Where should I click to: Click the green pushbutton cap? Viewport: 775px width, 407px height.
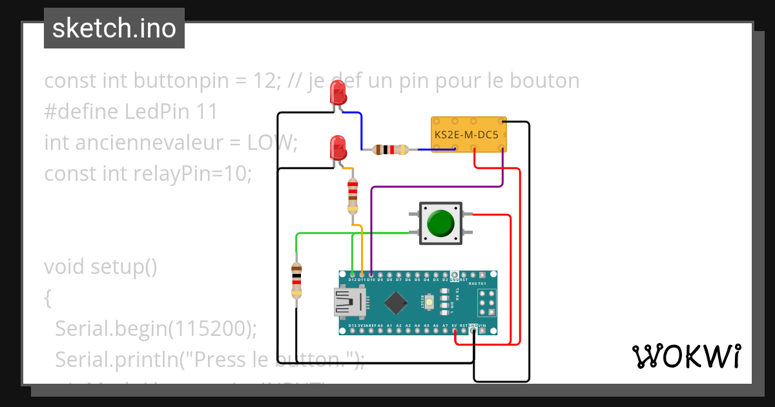[x=441, y=223]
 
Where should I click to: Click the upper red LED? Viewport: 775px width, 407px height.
[x=338, y=93]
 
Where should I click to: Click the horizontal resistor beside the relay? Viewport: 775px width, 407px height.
[x=391, y=150]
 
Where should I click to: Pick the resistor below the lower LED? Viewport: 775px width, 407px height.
[x=352, y=196]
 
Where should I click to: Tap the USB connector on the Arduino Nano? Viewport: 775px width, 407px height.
[x=349, y=302]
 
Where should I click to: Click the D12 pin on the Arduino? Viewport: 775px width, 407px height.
[x=352, y=276]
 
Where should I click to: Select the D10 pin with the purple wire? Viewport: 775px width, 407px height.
[x=371, y=276]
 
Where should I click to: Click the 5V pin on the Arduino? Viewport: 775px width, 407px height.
[x=455, y=330]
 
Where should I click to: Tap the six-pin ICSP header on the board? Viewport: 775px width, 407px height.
[x=486, y=302]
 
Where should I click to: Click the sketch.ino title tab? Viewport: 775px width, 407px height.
[x=114, y=29]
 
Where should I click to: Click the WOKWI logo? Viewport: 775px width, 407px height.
[x=686, y=357]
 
